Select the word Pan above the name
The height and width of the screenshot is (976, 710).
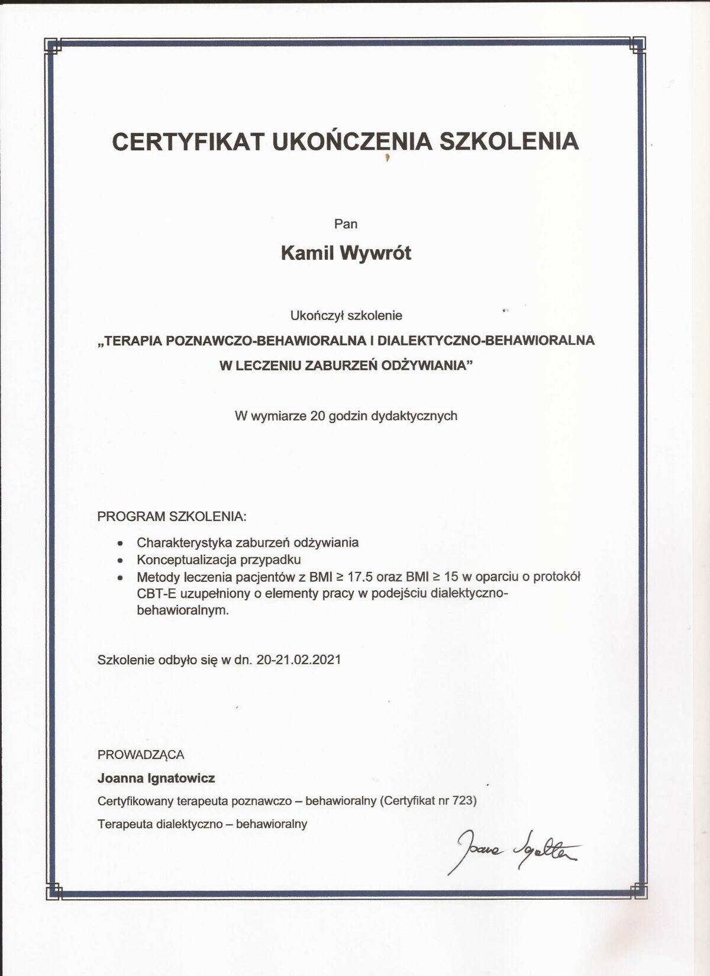pos(346,224)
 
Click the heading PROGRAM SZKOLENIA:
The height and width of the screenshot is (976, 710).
pos(172,516)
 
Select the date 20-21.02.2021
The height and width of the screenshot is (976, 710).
pos(299,660)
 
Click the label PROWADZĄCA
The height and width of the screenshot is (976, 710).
pos(141,755)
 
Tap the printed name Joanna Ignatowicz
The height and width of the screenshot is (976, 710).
pos(156,778)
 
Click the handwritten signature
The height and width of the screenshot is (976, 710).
pos(512,851)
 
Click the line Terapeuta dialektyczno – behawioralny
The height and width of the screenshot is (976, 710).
pos(202,824)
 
